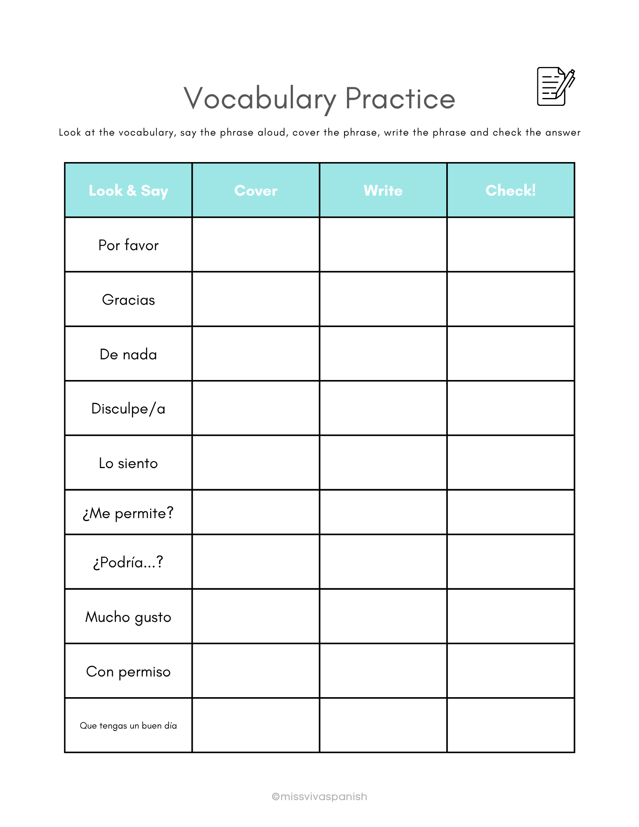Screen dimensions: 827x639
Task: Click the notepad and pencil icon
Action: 555,86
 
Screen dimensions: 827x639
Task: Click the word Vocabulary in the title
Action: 260,99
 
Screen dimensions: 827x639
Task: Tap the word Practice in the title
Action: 400,99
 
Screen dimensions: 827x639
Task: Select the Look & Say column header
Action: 128,191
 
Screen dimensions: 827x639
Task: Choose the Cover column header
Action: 256,191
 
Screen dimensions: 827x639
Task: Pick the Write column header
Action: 383,191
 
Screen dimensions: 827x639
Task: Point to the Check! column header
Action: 510,191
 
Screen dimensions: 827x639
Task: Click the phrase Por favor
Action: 128,245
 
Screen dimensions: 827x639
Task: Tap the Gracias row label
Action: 128,300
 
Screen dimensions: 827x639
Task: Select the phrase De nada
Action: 128,354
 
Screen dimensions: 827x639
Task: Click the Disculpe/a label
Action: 128,409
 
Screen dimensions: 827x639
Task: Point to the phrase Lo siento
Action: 128,463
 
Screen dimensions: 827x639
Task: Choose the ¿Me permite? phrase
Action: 128,513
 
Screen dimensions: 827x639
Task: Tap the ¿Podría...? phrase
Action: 128,562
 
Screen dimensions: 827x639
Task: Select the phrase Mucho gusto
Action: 128,617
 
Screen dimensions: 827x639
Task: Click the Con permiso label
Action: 128,672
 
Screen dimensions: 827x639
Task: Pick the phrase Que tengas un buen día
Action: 128,726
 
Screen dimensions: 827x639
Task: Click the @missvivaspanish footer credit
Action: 319,796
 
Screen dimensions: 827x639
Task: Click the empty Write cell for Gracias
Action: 383,299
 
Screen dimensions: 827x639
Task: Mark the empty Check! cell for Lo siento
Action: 510,463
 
